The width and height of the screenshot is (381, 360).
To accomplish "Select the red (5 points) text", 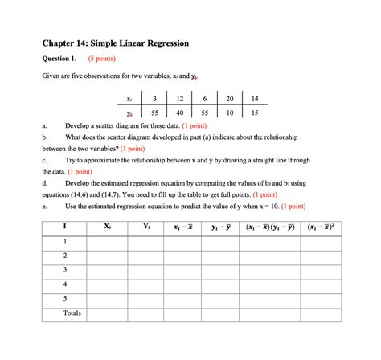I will tap(106, 58).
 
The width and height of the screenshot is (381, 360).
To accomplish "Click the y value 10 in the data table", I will tap(229, 113).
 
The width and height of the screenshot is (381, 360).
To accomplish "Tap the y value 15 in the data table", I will tap(255, 113).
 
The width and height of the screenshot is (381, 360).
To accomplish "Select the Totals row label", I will tap(72, 313).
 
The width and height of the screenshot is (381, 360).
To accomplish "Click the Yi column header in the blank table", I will tap(145, 226).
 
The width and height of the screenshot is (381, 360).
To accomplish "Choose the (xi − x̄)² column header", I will tap(322, 227).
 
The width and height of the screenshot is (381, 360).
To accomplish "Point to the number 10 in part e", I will tap(258, 206).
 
